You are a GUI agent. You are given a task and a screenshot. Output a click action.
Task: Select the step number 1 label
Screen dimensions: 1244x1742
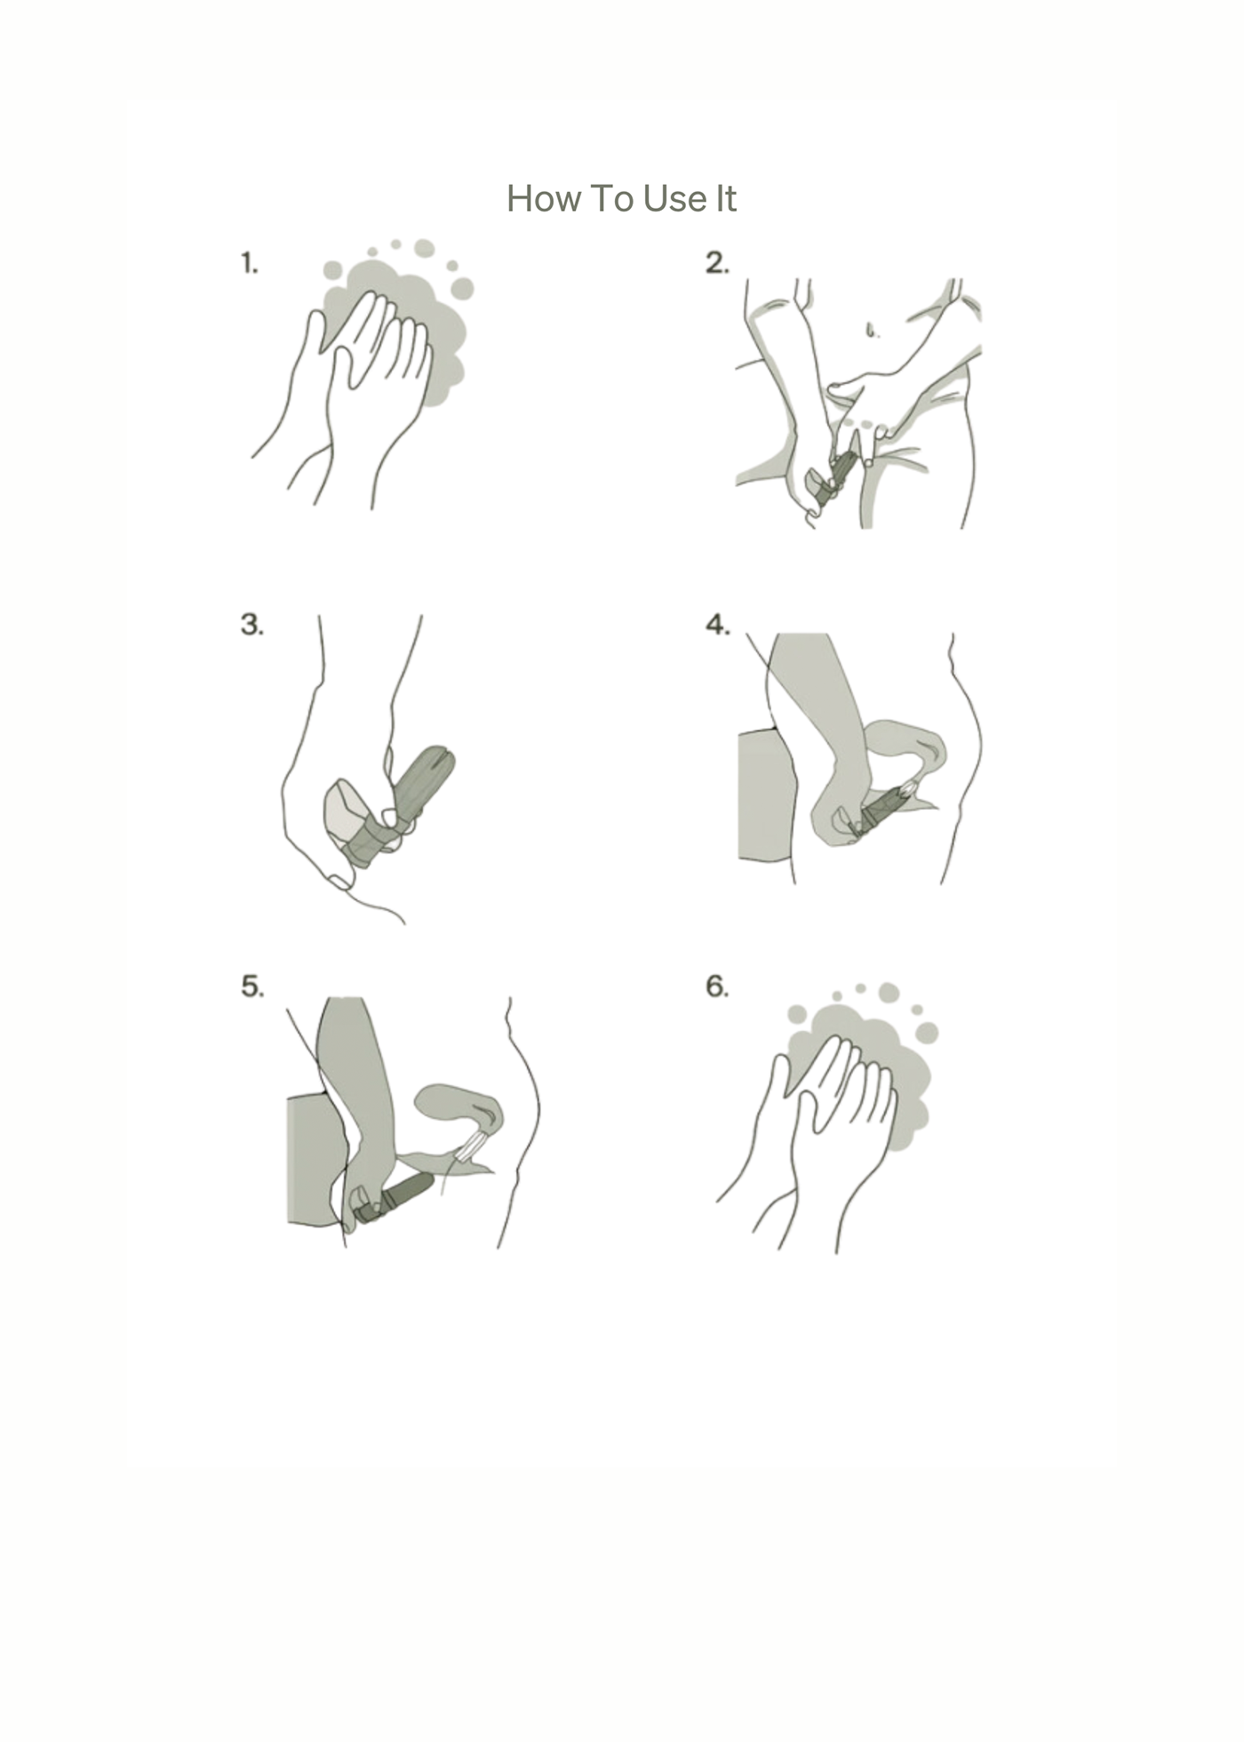(250, 263)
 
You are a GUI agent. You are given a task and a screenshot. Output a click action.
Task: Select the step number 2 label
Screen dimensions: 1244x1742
(717, 263)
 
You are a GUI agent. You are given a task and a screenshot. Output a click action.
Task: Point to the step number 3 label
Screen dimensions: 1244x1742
(252, 625)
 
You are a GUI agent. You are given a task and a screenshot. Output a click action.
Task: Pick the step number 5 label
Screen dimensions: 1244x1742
(252, 987)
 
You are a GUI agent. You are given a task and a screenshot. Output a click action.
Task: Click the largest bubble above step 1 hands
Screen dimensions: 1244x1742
(462, 288)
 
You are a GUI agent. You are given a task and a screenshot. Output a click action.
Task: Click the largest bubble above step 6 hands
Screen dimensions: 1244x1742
(927, 1032)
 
